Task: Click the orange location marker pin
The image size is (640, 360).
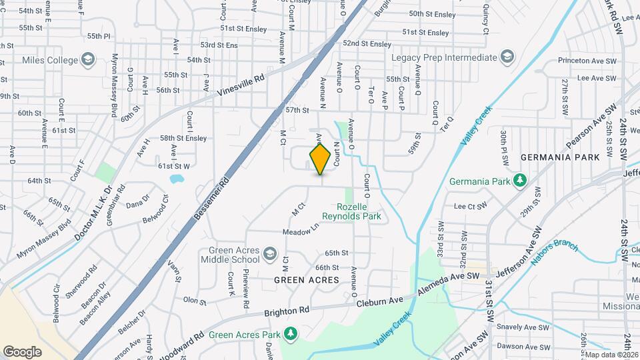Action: (x=320, y=159)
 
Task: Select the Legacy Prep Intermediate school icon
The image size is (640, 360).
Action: (x=507, y=57)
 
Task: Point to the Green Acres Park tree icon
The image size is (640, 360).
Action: (x=290, y=334)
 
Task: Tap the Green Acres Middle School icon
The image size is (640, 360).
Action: (x=270, y=253)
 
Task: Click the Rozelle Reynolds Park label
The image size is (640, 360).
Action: (x=351, y=211)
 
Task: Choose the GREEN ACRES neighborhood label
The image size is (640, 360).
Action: (x=307, y=280)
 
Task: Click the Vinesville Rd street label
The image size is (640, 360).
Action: (x=241, y=87)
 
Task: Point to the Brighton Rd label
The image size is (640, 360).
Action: (x=287, y=311)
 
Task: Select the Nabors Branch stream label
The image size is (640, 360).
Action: (x=555, y=252)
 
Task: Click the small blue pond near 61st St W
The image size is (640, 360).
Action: (x=176, y=179)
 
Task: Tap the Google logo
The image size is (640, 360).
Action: (x=22, y=351)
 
